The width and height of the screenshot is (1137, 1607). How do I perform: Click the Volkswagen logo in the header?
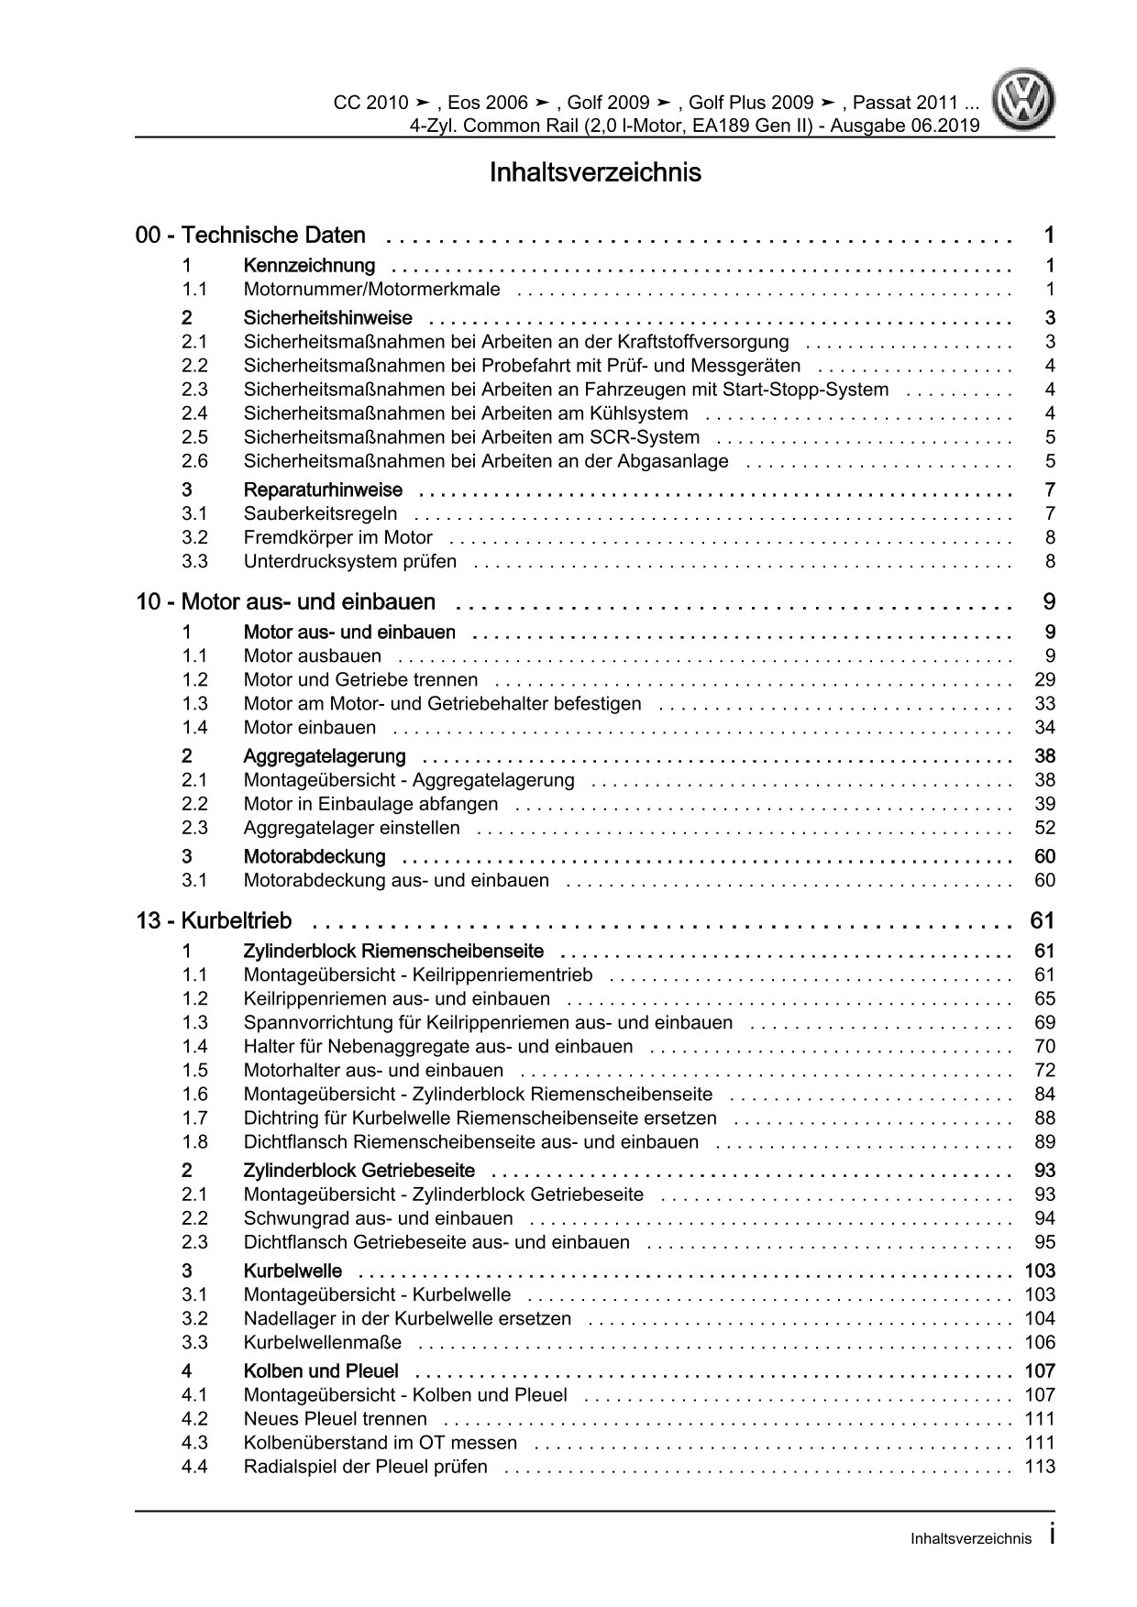[x=1027, y=104]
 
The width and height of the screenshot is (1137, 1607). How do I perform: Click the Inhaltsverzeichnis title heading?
[x=595, y=172]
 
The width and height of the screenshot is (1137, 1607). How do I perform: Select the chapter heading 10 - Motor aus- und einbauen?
[x=285, y=602]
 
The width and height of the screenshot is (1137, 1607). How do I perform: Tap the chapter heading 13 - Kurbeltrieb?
[x=214, y=920]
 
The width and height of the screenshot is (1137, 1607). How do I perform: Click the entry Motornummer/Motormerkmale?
[x=371, y=290]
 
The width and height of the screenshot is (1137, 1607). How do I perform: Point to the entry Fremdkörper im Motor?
[x=337, y=537]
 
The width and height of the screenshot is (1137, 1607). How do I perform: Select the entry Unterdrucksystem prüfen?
[x=349, y=561]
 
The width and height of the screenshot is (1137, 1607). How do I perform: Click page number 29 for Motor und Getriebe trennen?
[x=1044, y=679]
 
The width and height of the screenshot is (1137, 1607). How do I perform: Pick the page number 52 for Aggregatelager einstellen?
[x=1044, y=828]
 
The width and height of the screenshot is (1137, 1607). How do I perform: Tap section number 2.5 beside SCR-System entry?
[x=194, y=437]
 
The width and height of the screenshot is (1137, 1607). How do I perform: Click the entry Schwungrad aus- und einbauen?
[x=378, y=1218]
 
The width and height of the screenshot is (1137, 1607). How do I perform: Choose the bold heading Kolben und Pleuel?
[x=320, y=1371]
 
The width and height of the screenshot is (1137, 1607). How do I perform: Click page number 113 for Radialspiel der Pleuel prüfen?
[x=1040, y=1467]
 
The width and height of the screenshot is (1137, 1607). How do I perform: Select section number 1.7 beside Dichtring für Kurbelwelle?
[x=194, y=1117]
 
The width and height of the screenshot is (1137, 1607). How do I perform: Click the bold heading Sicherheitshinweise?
[x=327, y=318]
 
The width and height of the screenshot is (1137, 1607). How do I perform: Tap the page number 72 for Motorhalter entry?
[x=1044, y=1070]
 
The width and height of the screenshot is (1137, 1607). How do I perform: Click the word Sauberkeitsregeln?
[x=320, y=513]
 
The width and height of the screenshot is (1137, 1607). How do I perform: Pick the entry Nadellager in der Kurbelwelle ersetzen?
[x=407, y=1318]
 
